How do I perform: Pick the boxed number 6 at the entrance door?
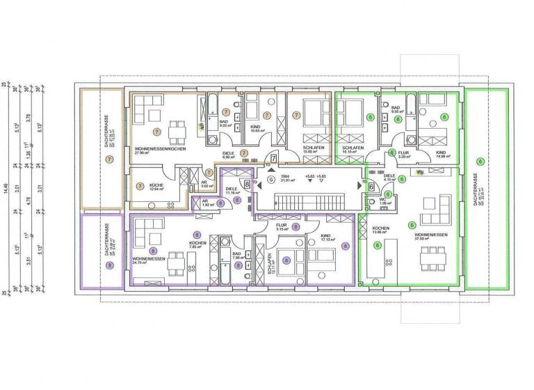click(x=372, y=187)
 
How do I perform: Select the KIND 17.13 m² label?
click(x=327, y=238)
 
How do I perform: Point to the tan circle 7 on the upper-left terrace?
click(x=109, y=159)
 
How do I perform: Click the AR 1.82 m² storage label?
click(x=206, y=203)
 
